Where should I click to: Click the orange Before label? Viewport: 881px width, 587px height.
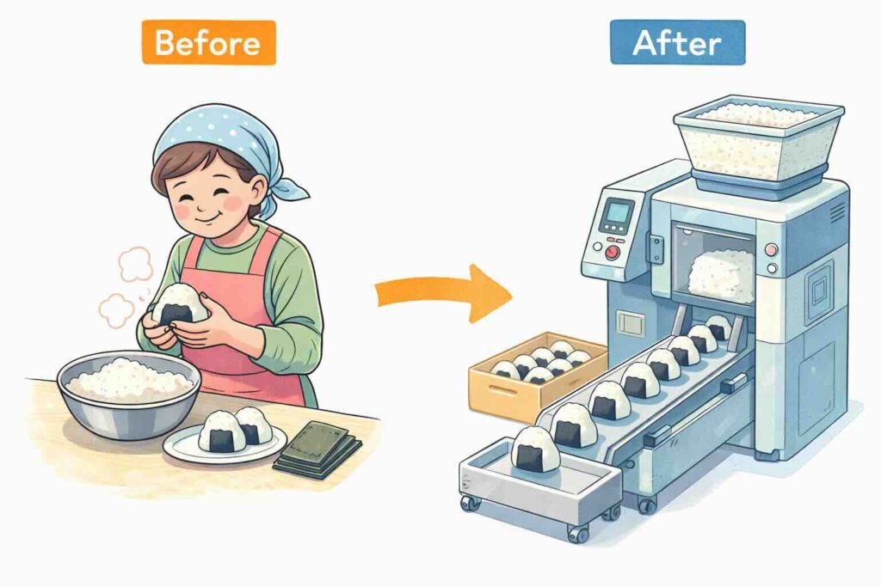click(x=208, y=43)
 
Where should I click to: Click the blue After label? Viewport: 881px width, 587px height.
click(x=678, y=43)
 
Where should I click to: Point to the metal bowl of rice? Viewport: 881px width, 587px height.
click(x=129, y=393)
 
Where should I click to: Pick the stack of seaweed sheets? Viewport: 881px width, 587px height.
click(x=318, y=449)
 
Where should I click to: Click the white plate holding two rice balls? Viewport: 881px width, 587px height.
click(x=225, y=444)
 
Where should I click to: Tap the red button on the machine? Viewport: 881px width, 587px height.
click(x=613, y=253)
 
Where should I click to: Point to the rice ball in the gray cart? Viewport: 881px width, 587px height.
click(x=536, y=449)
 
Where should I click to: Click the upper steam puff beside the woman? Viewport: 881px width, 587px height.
click(x=135, y=264)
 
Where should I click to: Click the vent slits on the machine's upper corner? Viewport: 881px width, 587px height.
click(x=838, y=212)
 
